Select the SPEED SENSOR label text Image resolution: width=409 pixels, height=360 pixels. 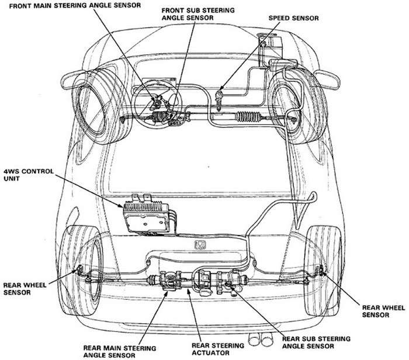tap(293, 19)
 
